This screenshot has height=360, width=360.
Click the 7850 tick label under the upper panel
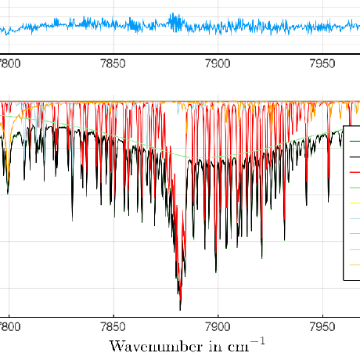coord(113,63)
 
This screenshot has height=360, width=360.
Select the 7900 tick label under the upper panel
coord(218,63)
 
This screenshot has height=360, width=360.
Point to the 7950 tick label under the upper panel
coord(322,63)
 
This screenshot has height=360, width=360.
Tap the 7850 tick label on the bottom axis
coord(113,327)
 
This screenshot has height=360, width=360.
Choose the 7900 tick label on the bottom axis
coord(218,327)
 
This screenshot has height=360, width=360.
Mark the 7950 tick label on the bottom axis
coord(322,327)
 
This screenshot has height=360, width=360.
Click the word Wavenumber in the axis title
coord(156,347)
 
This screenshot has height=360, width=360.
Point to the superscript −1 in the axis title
coord(257,341)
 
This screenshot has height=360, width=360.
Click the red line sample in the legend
coord(355,172)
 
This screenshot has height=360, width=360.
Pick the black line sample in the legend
coord(355,157)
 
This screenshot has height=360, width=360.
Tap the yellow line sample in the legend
coord(355,203)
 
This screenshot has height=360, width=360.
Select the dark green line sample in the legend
coord(355,142)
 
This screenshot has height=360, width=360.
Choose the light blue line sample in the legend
coord(355,218)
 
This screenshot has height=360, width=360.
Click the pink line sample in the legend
coord(355,250)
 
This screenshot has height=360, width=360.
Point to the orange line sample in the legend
coord(355,265)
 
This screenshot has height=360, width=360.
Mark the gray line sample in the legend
coord(355,234)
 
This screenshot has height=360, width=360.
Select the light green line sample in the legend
coord(355,188)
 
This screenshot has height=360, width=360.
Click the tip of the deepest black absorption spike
coord(180,310)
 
